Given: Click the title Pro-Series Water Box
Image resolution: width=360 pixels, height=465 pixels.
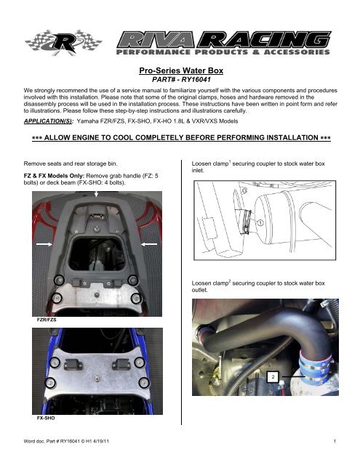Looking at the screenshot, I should coord(180,70).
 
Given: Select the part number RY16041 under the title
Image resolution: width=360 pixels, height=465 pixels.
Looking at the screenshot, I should coord(180,80).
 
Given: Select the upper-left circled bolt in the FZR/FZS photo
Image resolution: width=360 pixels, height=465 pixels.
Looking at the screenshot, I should coord(51,280).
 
